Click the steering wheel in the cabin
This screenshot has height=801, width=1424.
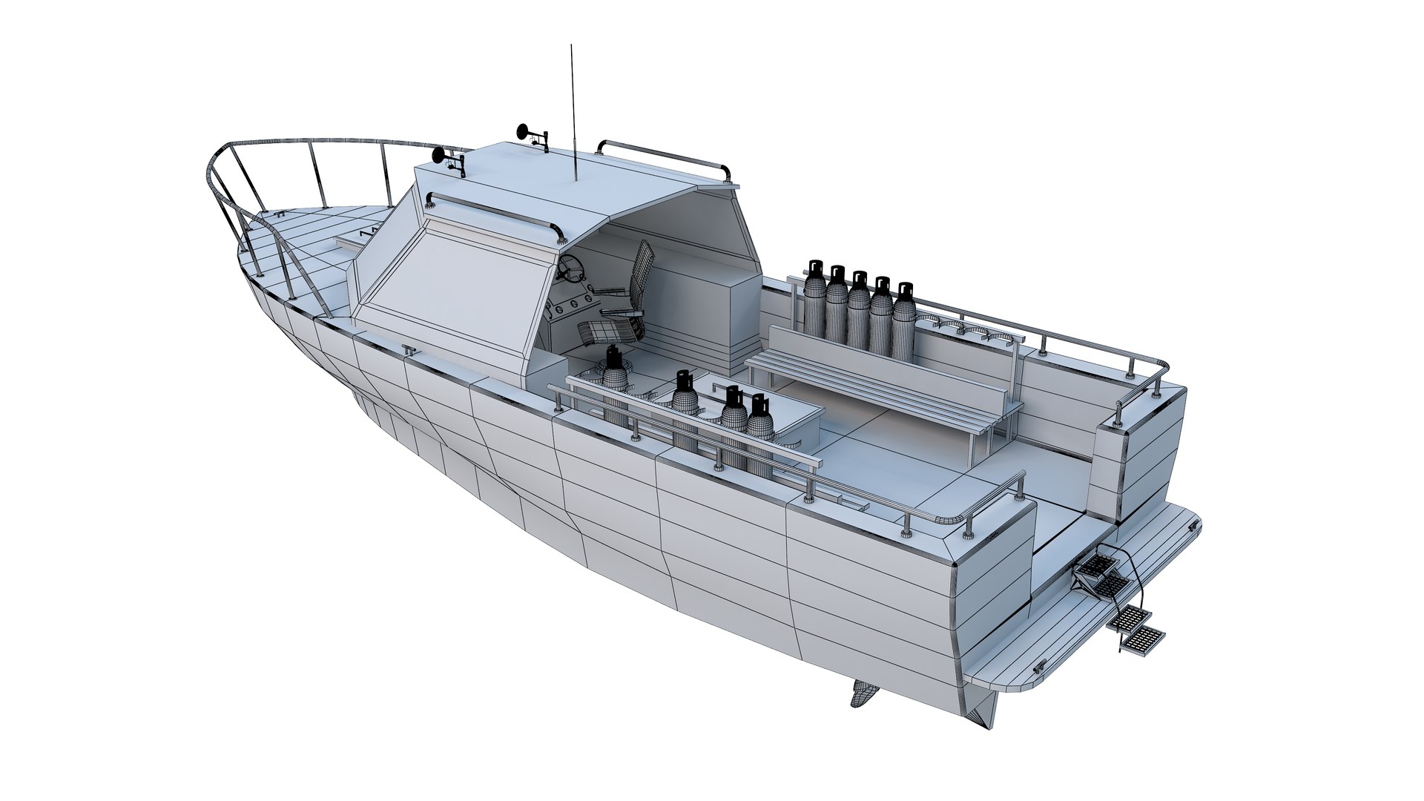(570, 268)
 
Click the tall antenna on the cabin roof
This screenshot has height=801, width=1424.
(573, 111)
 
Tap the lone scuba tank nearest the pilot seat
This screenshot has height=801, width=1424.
(613, 378)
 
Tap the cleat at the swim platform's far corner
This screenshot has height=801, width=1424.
(1193, 525)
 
